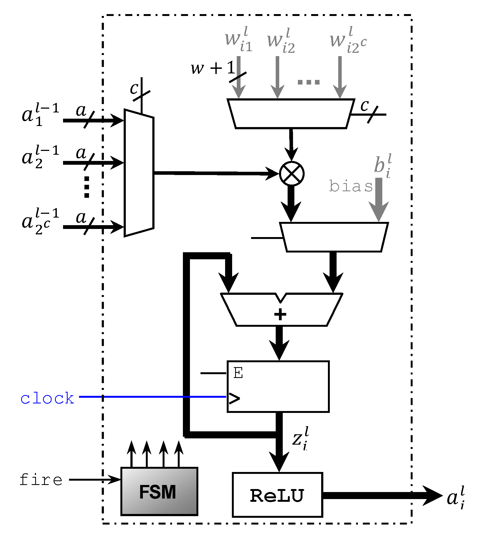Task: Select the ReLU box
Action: (277, 495)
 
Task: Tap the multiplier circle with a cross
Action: (291, 174)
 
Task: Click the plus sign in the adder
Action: (280, 314)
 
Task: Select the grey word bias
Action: (351, 186)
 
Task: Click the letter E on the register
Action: (238, 373)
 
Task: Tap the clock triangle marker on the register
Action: (234, 398)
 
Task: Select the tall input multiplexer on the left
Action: (139, 173)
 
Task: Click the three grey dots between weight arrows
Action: (309, 82)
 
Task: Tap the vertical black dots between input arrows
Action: (87, 187)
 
